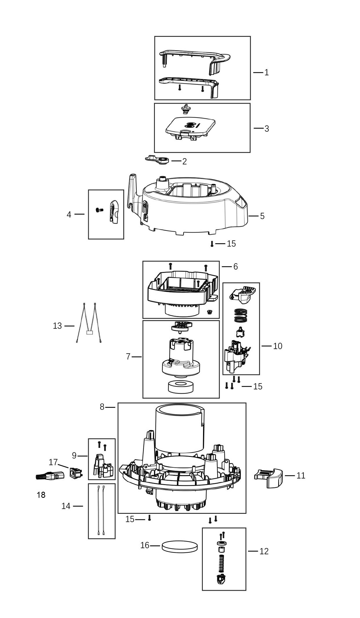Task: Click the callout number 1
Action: coord(267,72)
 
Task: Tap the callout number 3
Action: coord(267,129)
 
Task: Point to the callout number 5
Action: coord(262,216)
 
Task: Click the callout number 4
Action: coord(69,215)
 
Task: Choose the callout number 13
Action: coord(57,326)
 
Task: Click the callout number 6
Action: coord(235,266)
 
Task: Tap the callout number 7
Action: coord(128,356)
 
